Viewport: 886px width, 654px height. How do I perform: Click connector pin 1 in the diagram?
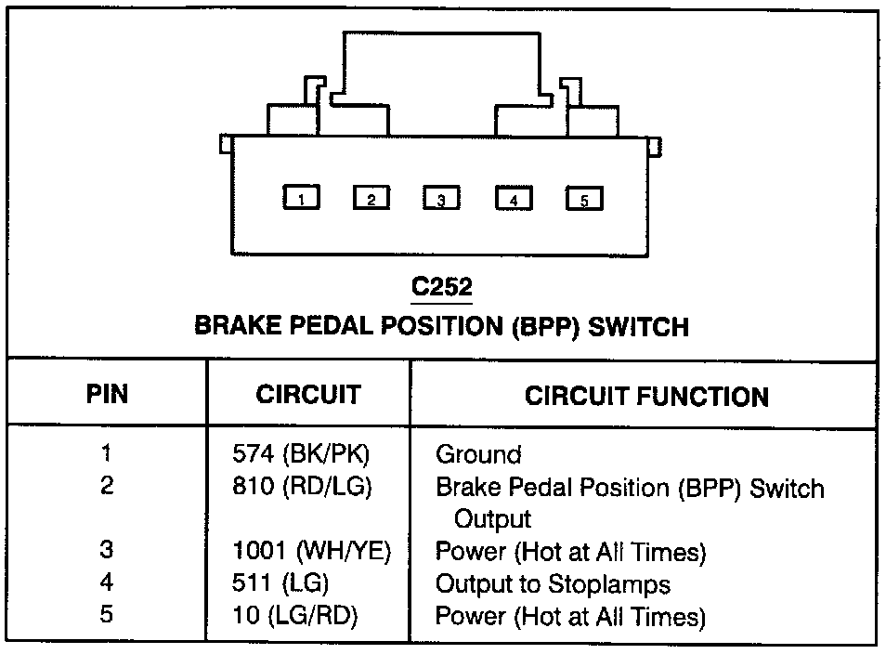(x=301, y=198)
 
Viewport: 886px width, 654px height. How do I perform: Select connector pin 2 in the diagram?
(x=371, y=198)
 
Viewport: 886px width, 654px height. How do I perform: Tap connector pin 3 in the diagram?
(x=442, y=199)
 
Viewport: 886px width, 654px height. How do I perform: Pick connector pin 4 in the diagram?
(x=514, y=199)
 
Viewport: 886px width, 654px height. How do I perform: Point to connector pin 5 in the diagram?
(x=584, y=199)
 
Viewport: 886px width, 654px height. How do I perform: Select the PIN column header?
(x=107, y=394)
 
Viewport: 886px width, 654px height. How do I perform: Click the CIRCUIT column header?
(x=307, y=394)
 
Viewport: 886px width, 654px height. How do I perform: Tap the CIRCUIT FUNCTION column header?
(x=646, y=397)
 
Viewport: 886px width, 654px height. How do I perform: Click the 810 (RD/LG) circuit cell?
(x=302, y=486)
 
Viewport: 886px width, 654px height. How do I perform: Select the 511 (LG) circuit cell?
(x=280, y=583)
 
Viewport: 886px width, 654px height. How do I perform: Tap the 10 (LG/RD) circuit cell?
(x=295, y=615)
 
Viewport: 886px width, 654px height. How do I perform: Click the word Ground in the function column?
(x=478, y=455)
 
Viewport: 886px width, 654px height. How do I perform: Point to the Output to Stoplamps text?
(x=553, y=583)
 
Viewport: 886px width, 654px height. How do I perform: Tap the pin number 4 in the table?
(x=107, y=582)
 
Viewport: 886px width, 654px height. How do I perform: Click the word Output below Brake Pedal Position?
(x=492, y=518)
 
